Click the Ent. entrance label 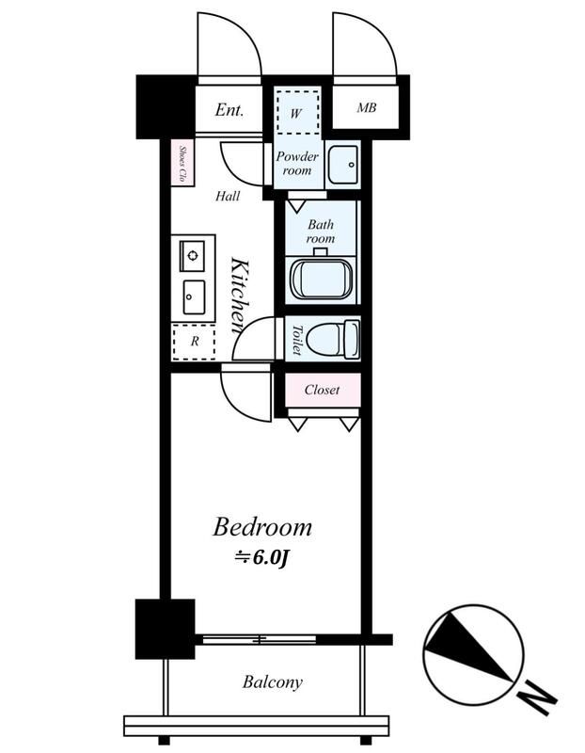[229, 110]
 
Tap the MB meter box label [366, 107]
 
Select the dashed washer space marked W [297, 111]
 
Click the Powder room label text [297, 163]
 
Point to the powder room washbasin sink [342, 165]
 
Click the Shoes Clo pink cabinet [182, 163]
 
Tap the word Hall [228, 196]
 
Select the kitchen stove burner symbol [192, 255]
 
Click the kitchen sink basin [194, 297]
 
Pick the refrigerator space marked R [194, 342]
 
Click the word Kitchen [240, 296]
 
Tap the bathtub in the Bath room [321, 280]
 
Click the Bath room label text [321, 231]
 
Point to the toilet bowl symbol [332, 339]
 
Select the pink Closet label [323, 390]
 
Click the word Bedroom [262, 527]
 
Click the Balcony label [272, 682]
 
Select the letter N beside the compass [538, 697]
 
